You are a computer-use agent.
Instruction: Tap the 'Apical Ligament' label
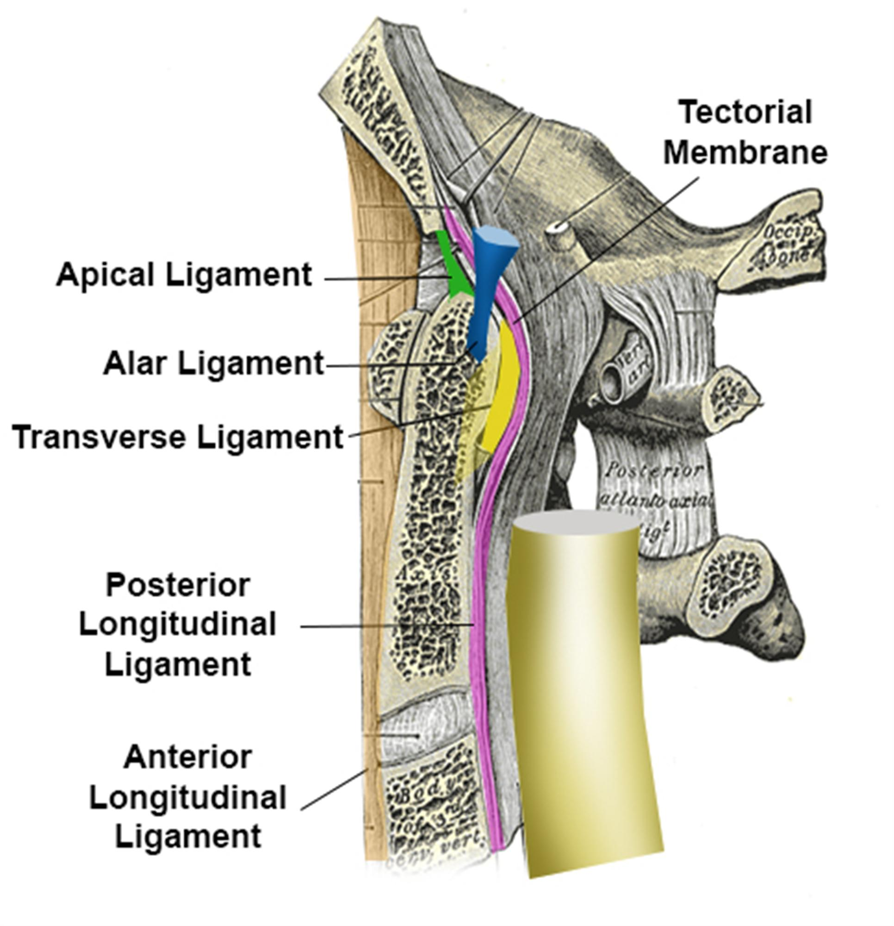[184, 275]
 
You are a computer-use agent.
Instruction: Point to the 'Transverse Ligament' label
[178, 437]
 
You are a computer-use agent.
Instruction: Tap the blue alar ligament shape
[486, 293]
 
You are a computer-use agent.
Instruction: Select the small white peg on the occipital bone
[562, 234]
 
